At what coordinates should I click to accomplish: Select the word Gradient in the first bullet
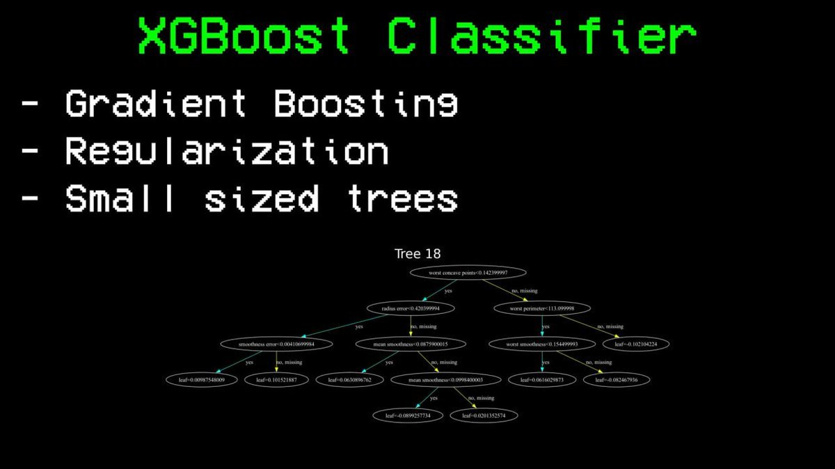click(156, 104)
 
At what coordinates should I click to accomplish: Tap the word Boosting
click(366, 104)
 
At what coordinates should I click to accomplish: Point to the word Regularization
click(226, 151)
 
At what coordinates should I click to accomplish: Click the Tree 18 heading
click(417, 254)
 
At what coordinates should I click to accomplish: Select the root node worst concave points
click(468, 273)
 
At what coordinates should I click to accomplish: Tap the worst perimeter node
click(542, 308)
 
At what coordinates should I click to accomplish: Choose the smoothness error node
click(276, 344)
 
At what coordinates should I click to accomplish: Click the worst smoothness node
click(542, 344)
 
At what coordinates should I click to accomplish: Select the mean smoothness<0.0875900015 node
click(410, 344)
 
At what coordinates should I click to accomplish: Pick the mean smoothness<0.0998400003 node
click(445, 380)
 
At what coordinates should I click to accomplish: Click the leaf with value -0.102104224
click(641, 344)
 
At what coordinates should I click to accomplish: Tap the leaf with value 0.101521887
click(276, 380)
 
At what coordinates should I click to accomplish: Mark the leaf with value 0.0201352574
click(484, 415)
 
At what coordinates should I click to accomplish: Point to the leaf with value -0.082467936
click(617, 380)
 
